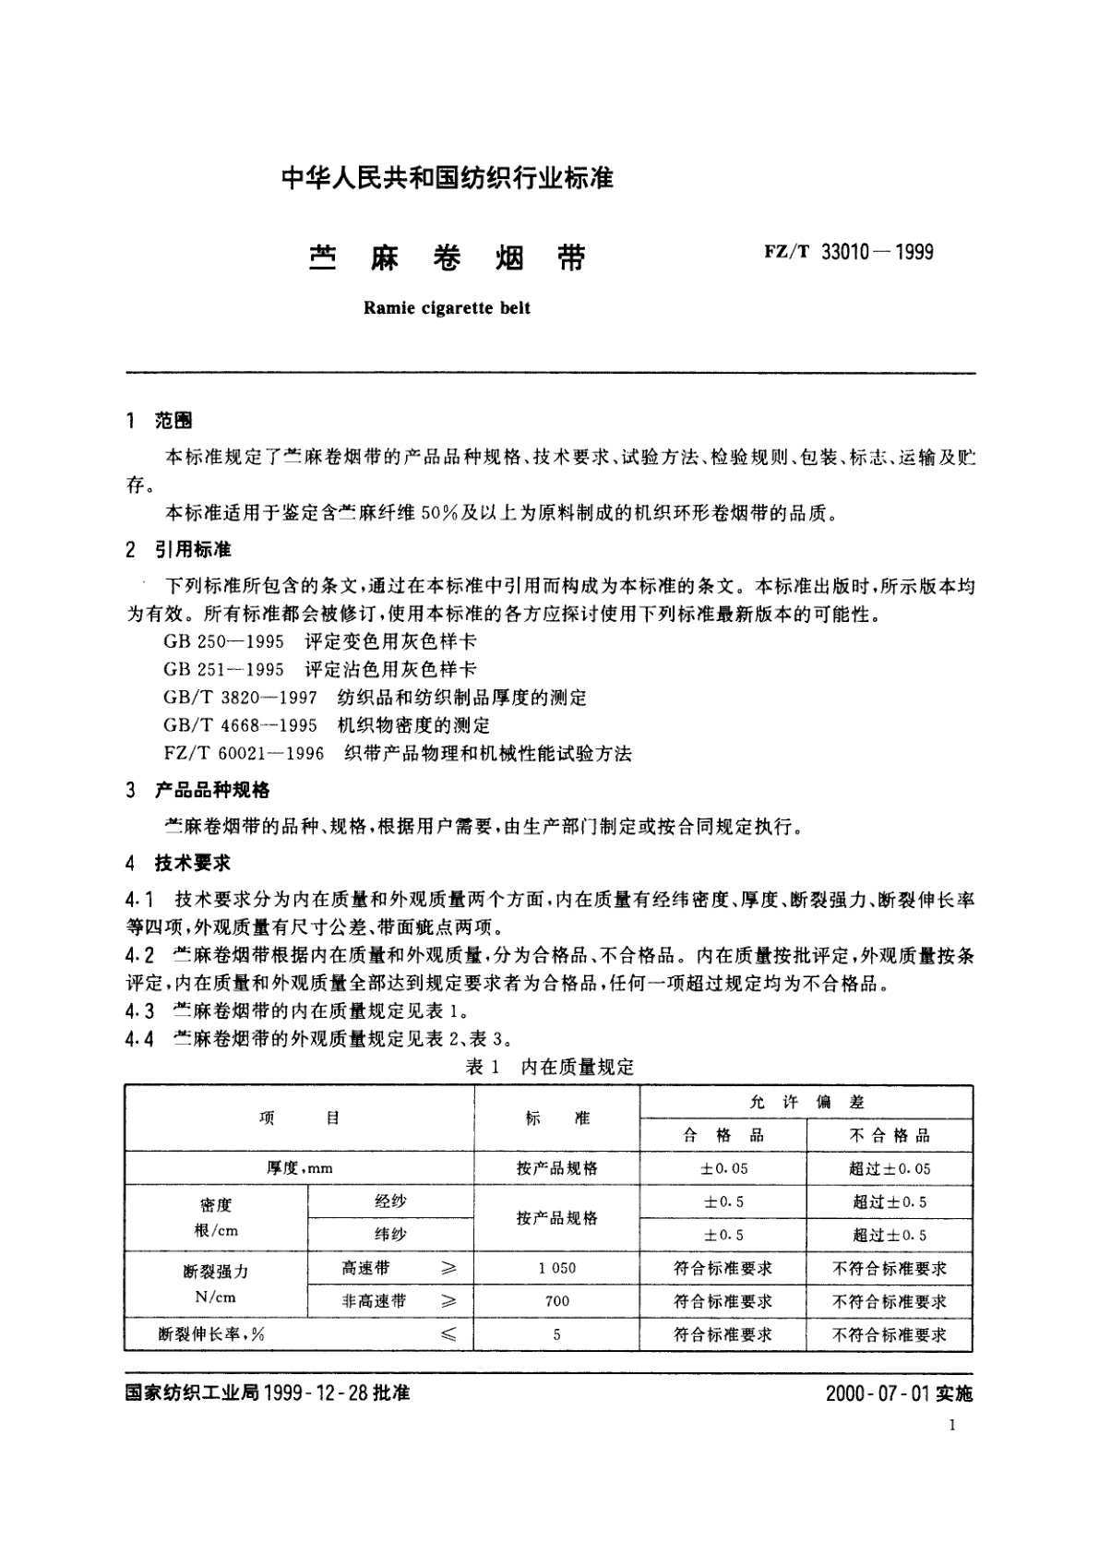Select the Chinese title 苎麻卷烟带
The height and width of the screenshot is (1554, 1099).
[x=447, y=258]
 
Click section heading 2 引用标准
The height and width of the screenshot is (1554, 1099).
[x=180, y=550]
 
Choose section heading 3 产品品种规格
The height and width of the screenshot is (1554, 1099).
[x=198, y=790]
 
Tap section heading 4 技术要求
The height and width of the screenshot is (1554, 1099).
[x=179, y=864]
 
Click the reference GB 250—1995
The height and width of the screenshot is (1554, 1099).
[x=224, y=641]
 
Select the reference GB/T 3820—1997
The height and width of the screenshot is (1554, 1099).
[x=240, y=698]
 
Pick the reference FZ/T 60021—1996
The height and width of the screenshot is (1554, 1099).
[x=244, y=754]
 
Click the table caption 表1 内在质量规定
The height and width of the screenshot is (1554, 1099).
[x=550, y=1068]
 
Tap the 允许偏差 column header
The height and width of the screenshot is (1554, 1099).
[x=806, y=1102]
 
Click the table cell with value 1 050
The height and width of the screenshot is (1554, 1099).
[x=557, y=1268]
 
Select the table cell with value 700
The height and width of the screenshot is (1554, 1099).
[x=557, y=1301]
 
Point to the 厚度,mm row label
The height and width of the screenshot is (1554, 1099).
[x=299, y=1168]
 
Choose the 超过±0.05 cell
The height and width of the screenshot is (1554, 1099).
[x=890, y=1168]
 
